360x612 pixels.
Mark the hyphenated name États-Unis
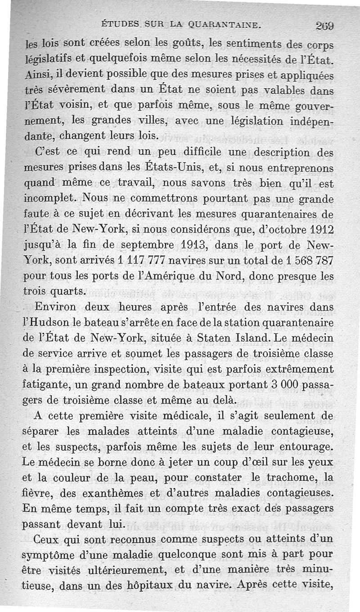(173, 168)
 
